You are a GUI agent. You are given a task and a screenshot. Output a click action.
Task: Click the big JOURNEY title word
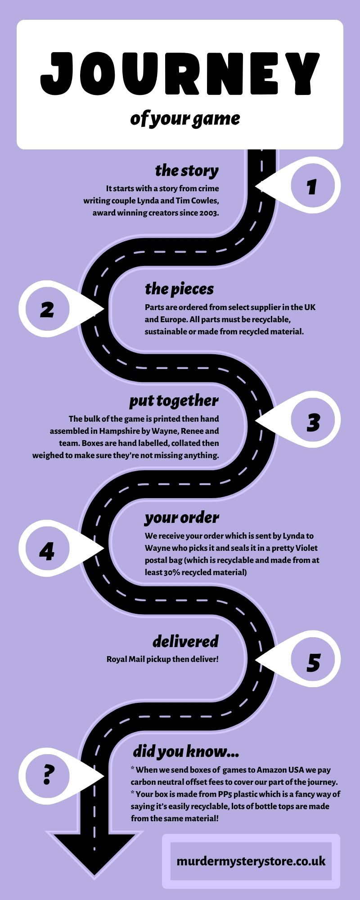pyautogui.click(x=180, y=74)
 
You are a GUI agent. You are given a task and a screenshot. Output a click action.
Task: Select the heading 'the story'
pyautogui.click(x=187, y=171)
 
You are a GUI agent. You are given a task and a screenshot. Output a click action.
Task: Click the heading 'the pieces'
pyautogui.click(x=179, y=289)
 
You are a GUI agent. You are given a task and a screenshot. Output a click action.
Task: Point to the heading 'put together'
pyautogui.click(x=174, y=401)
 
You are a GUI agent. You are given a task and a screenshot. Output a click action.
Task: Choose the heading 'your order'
pyautogui.click(x=182, y=518)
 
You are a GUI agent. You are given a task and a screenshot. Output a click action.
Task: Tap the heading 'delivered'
pyautogui.click(x=185, y=641)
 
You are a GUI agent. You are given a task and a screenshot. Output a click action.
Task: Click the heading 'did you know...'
pyautogui.click(x=186, y=751)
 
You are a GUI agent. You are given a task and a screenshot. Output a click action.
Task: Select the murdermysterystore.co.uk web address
pyautogui.click(x=251, y=861)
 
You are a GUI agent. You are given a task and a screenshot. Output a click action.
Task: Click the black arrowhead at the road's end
pyautogui.click(x=94, y=855)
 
